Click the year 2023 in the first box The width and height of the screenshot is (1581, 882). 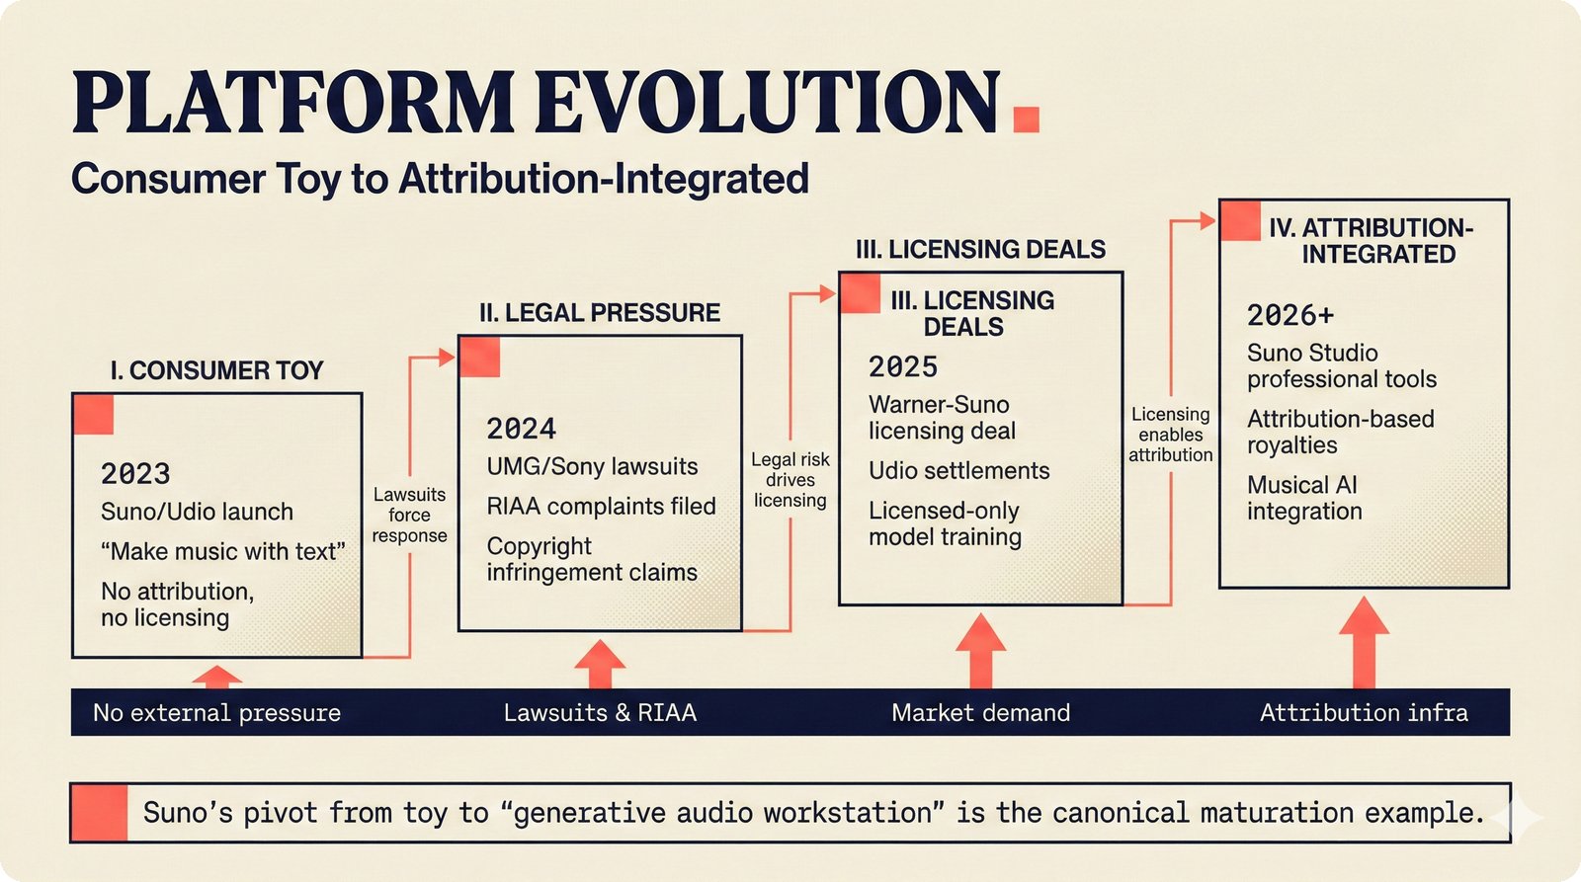(135, 474)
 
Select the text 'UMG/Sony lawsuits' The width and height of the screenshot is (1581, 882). (592, 466)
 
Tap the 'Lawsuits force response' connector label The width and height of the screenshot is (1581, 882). (409, 515)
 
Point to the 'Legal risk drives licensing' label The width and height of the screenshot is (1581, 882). (790, 480)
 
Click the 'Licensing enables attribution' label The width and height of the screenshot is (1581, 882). (1170, 435)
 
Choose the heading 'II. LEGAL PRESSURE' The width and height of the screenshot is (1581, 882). (599, 313)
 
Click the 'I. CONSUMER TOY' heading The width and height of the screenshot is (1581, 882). (216, 370)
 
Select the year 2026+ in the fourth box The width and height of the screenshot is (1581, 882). (1290, 315)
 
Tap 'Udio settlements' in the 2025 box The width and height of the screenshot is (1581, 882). (958, 471)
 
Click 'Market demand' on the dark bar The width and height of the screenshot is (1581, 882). (980, 712)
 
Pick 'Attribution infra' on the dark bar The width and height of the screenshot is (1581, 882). (1364, 712)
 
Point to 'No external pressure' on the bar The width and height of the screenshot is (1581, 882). (216, 712)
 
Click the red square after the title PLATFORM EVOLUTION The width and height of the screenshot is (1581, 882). (1027, 119)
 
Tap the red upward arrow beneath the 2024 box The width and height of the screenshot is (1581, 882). (599, 663)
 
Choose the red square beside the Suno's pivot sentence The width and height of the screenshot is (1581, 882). (99, 813)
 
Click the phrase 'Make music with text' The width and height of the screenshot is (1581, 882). (222, 551)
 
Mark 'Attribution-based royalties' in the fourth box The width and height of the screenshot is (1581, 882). (1340, 432)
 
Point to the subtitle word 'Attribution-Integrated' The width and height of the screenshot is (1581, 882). (604, 179)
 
